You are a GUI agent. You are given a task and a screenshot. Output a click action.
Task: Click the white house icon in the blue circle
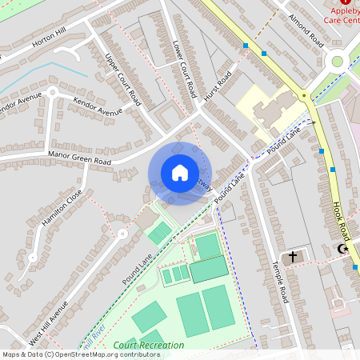179,173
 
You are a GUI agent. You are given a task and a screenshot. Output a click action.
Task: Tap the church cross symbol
294,257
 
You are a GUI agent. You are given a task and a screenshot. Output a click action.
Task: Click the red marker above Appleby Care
346,2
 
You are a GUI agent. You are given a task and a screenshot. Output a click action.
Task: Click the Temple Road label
279,282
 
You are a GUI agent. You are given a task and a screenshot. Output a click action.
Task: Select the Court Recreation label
149,345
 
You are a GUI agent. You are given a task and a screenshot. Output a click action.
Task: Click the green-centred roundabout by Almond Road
336,60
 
